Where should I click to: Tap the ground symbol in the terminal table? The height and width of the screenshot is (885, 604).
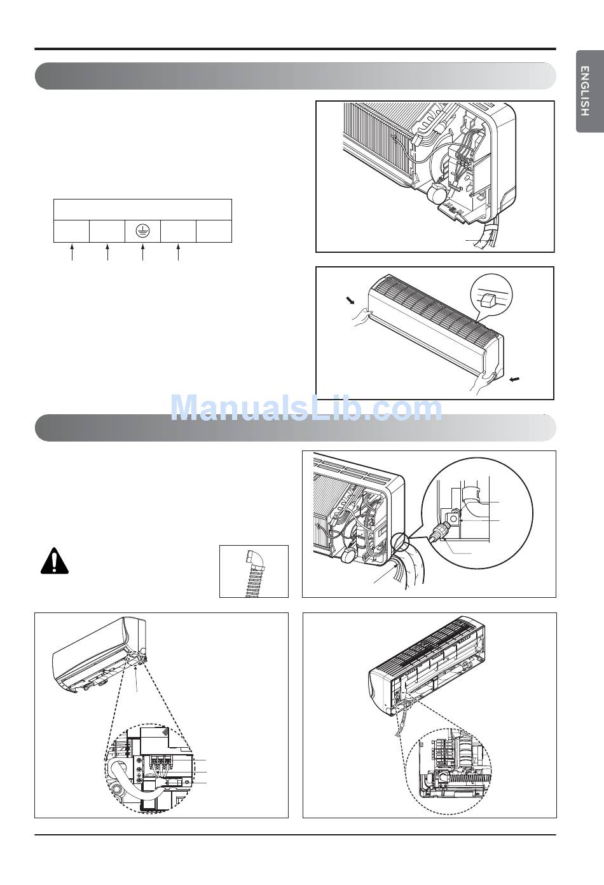click(x=142, y=231)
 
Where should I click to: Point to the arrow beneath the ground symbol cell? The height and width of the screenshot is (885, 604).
click(x=142, y=252)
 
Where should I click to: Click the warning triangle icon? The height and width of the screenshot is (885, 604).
click(x=55, y=561)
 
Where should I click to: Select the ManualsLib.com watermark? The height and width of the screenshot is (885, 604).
click(x=306, y=408)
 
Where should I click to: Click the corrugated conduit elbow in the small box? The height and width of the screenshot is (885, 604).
click(x=251, y=573)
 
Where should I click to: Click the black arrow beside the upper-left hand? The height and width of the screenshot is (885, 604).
click(x=350, y=301)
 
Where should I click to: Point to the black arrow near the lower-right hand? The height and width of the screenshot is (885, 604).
click(x=514, y=380)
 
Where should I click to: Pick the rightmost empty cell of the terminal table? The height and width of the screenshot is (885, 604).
click(x=214, y=231)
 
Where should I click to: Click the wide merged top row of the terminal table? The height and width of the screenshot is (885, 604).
click(x=142, y=210)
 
